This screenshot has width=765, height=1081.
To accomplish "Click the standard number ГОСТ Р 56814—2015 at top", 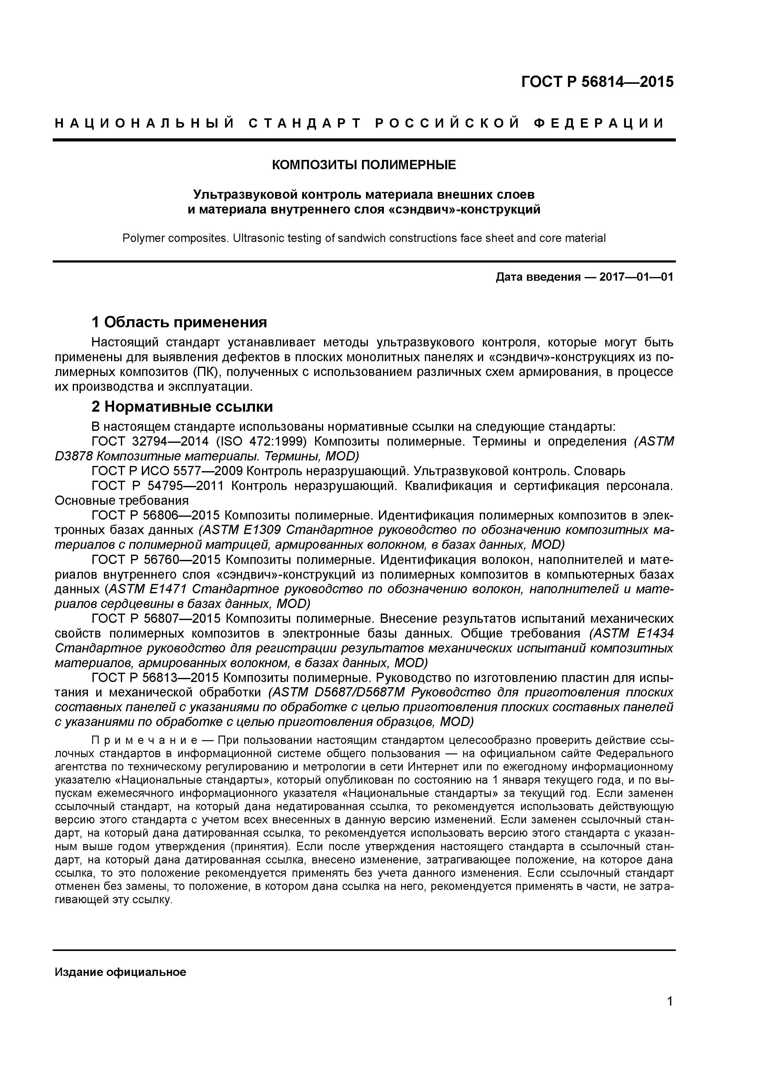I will click(x=597, y=82).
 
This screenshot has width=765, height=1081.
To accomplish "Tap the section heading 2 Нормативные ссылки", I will click(x=182, y=406).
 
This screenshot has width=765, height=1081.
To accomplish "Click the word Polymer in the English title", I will click(x=142, y=238).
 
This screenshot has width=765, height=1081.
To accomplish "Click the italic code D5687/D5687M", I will click(x=362, y=693).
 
